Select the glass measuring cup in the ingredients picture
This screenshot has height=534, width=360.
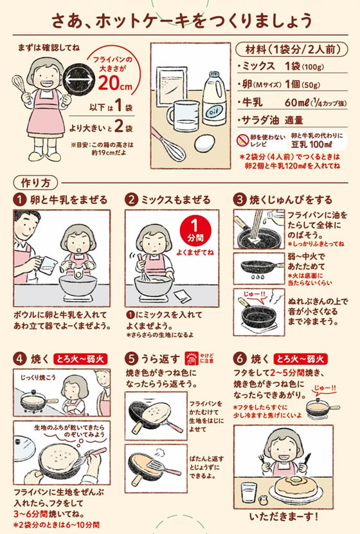183,116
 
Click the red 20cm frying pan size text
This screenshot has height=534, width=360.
115,82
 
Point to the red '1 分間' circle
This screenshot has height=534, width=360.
195,231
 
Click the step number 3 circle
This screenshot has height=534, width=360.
240,199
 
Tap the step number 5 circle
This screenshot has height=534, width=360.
131,358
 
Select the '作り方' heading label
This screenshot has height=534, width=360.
35,183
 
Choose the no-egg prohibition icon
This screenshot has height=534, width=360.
242,140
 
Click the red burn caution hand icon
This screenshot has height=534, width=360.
191,358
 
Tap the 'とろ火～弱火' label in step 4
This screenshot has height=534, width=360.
80,359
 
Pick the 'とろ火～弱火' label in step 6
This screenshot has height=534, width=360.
300,359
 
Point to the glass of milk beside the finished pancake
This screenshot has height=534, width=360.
249,492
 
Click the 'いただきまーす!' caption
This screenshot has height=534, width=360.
283,516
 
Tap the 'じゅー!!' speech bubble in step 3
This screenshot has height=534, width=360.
255,295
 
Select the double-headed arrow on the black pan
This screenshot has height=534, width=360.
78,80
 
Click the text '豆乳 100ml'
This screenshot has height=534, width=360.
311,144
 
